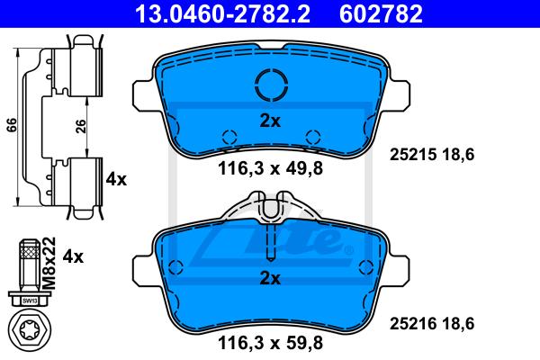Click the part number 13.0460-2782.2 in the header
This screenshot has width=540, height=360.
tap(223, 13)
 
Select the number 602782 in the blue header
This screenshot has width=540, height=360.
tap(381, 13)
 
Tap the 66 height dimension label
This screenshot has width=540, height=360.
tap(12, 125)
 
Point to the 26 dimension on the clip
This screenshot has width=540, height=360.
tap(80, 126)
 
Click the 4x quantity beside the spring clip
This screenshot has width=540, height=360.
tap(116, 179)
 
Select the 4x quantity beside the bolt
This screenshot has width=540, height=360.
tap(73, 257)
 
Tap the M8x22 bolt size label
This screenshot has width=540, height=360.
tap(49, 263)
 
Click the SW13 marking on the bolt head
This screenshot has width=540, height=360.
tap(30, 301)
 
